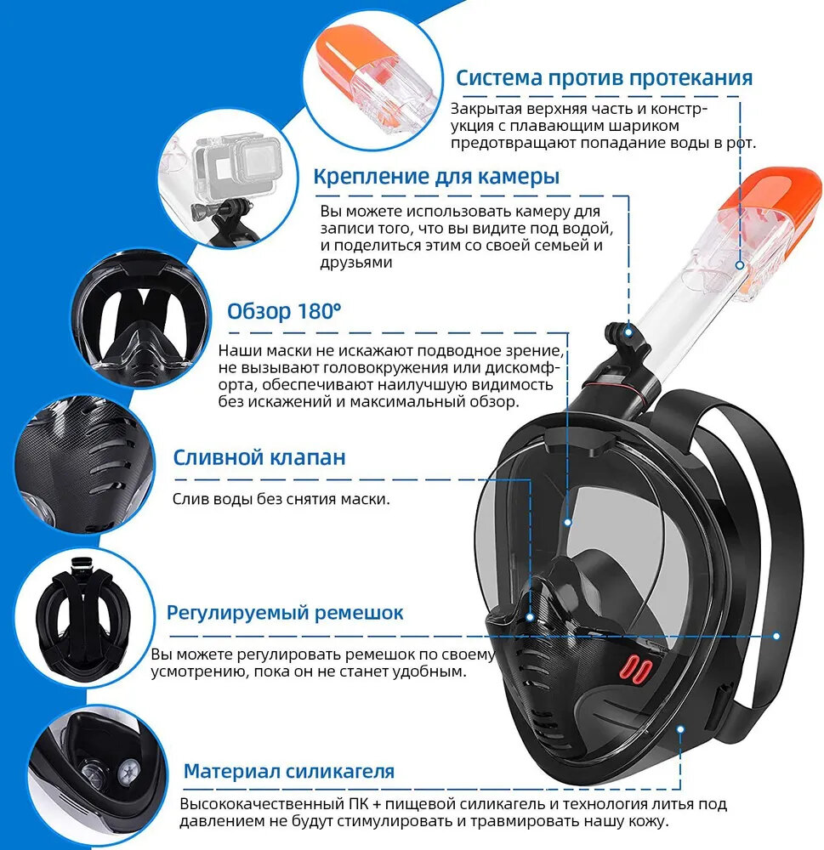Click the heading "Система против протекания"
(604, 78)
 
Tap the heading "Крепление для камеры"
(436, 177)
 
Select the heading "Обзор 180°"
(284, 311)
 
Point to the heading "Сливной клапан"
(259, 457)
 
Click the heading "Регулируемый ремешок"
(285, 613)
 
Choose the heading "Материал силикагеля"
(288, 771)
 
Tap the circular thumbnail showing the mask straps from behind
(84, 618)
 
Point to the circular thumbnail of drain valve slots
(84, 465)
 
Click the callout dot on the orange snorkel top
(739, 265)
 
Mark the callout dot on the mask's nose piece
(530, 617)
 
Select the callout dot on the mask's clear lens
(567, 523)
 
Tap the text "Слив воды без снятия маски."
(281, 499)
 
